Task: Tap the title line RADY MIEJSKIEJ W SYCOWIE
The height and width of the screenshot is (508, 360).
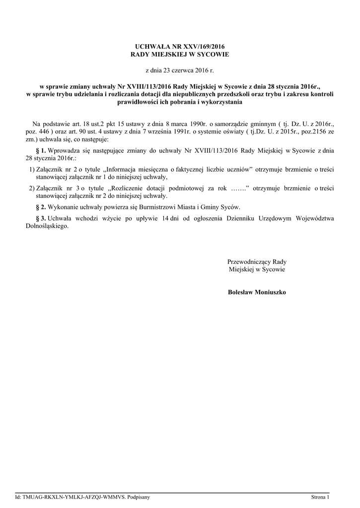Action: click(x=180, y=54)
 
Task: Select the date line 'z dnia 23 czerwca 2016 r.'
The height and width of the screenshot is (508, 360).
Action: click(x=180, y=71)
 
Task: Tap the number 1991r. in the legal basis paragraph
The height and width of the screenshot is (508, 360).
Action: click(x=186, y=131)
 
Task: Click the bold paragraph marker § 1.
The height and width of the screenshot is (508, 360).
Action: click(x=41, y=150)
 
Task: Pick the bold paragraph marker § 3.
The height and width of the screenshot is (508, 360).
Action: click(x=41, y=218)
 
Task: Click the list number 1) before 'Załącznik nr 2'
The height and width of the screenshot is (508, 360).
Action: click(x=31, y=169)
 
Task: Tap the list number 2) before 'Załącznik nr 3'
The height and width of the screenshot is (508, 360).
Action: click(x=31, y=188)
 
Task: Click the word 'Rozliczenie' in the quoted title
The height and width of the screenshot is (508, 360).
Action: click(x=128, y=188)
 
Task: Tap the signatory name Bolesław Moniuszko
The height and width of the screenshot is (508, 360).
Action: click(x=257, y=292)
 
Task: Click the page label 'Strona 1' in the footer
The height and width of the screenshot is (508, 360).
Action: click(x=320, y=497)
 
